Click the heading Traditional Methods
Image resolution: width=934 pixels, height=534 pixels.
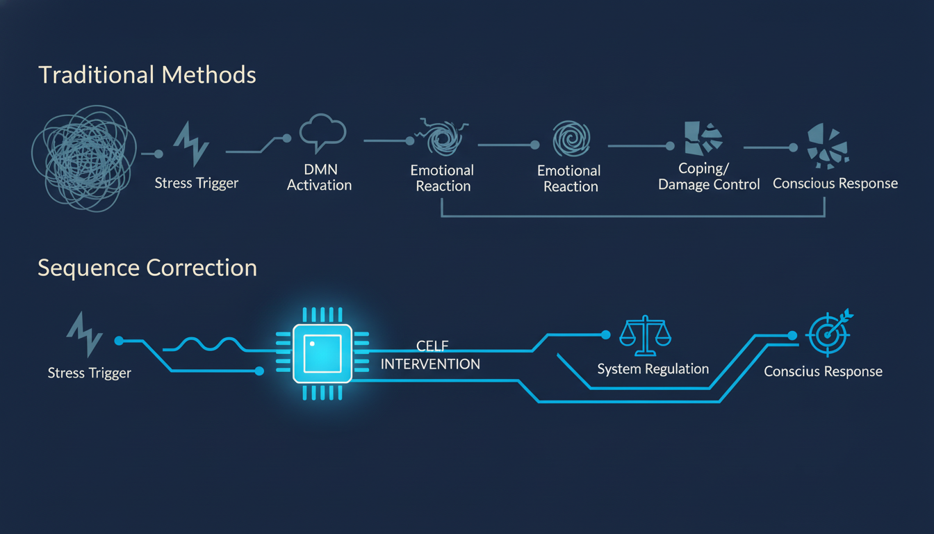pyautogui.click(x=147, y=75)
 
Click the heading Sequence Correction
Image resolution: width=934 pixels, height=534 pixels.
pyautogui.click(x=147, y=268)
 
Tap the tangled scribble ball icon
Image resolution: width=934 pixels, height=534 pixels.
pyautogui.click(x=84, y=159)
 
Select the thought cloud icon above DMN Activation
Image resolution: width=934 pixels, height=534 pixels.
pyautogui.click(x=322, y=133)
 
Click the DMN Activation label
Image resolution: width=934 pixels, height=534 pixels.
pyautogui.click(x=320, y=177)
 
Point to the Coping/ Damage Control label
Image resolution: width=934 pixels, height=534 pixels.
pyautogui.click(x=709, y=177)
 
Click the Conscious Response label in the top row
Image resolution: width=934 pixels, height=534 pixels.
pyautogui.click(x=835, y=184)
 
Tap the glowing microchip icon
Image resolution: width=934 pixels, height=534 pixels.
pyautogui.click(x=322, y=354)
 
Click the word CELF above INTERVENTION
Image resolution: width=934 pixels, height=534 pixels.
pyautogui.click(x=432, y=346)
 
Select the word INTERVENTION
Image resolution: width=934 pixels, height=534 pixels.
pyautogui.click(x=430, y=364)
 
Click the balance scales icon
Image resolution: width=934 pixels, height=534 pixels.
pyautogui.click(x=645, y=336)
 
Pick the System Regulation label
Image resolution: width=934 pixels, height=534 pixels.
pyautogui.click(x=653, y=369)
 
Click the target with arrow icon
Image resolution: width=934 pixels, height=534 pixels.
pyautogui.click(x=829, y=332)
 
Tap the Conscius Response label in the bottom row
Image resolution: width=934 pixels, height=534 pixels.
pyautogui.click(x=823, y=372)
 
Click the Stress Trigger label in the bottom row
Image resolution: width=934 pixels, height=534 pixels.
pyautogui.click(x=89, y=373)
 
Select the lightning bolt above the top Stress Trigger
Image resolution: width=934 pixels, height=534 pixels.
pyautogui.click(x=191, y=144)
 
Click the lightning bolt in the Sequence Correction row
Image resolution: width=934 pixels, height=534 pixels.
pyautogui.click(x=85, y=334)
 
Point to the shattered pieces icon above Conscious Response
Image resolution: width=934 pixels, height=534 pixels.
pyautogui.click(x=828, y=146)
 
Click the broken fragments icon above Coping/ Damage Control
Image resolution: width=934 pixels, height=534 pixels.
pyautogui.click(x=703, y=139)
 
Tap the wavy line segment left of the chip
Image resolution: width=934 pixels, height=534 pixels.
pyautogui.click(x=204, y=345)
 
